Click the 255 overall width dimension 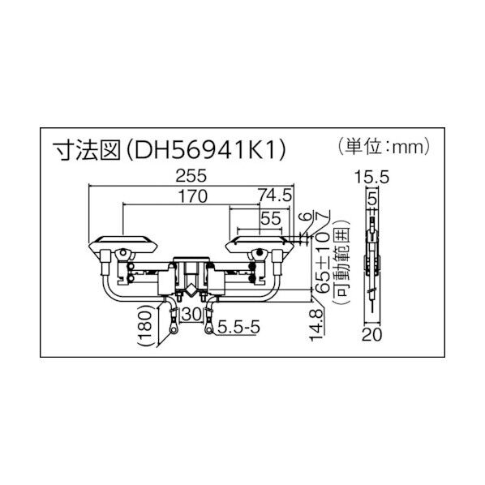(190, 175)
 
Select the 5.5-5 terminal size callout (238, 328)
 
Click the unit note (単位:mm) (380, 148)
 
